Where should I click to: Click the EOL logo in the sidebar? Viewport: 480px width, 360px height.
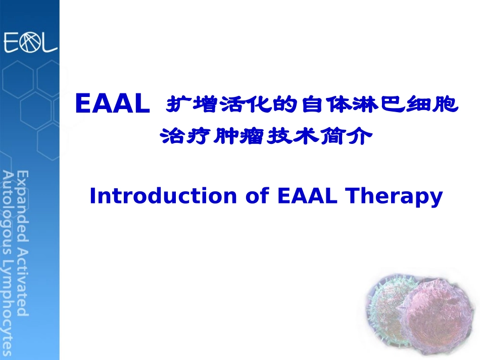pos(30,42)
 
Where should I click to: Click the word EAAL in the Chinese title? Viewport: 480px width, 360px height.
pos(113,104)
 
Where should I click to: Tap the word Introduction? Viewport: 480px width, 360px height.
pos(163,195)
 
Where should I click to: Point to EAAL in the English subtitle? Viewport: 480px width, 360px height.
pos(307,195)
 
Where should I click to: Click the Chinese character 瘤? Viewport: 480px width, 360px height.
pos(252,136)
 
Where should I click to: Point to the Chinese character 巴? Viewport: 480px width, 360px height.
pos(392,105)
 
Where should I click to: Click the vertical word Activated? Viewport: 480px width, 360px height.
pos(22,281)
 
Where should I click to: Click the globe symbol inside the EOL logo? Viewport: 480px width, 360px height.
pos(30,42)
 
